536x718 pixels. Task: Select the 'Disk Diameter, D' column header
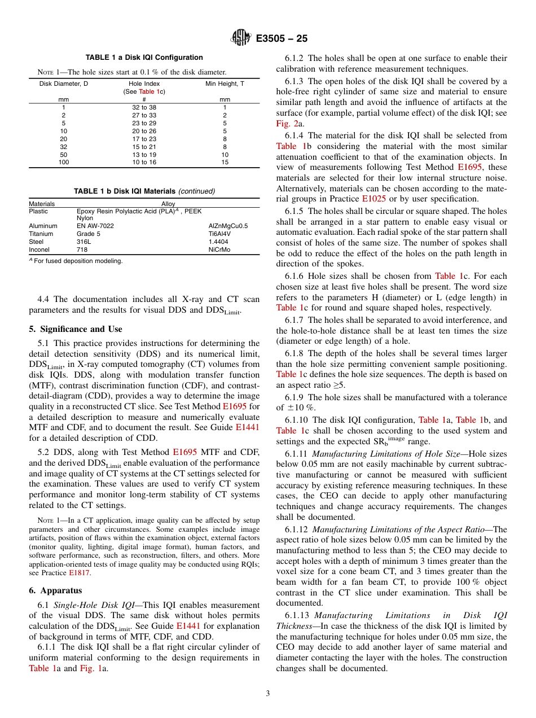point(64,84)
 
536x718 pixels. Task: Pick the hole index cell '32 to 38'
point(144,107)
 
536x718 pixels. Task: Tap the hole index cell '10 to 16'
point(144,163)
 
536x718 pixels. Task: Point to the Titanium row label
point(41,234)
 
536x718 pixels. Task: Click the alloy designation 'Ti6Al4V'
point(219,234)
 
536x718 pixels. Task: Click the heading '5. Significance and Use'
point(75,329)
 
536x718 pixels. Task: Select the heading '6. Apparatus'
point(55,590)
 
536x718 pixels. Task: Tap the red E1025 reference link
point(372,199)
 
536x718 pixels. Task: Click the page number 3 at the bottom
point(268,694)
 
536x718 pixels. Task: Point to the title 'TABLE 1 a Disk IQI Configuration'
point(144,58)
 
